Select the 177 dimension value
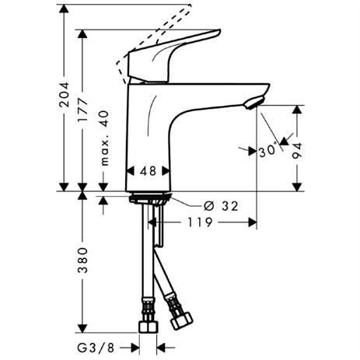pyautogui.click(x=83, y=110)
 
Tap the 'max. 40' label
pyautogui.click(x=104, y=138)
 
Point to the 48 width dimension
pyautogui.click(x=149, y=171)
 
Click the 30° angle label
pyautogui.click(x=267, y=151)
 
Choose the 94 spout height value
pyautogui.click(x=297, y=151)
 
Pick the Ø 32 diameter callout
pyautogui.click(x=221, y=206)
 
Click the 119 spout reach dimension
pyautogui.click(x=200, y=222)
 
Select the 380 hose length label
pyautogui.click(x=83, y=260)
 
